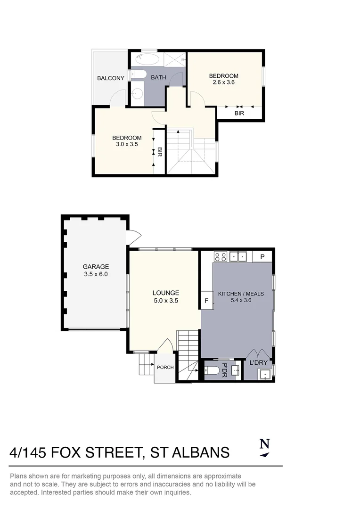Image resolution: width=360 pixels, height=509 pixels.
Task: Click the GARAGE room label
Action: [x=96, y=266]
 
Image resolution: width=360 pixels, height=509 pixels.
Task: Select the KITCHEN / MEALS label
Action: [x=240, y=294]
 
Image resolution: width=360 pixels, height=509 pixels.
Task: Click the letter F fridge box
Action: [x=206, y=300]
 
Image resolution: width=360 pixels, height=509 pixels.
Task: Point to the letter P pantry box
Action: [x=262, y=257]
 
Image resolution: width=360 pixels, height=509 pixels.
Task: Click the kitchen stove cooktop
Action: [x=221, y=257]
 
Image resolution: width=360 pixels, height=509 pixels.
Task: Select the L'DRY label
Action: [x=258, y=362]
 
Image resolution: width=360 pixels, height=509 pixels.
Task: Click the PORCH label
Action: [x=165, y=368]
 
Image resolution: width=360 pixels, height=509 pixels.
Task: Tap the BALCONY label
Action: [x=111, y=78]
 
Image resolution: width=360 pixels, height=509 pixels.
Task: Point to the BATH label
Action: [x=158, y=78]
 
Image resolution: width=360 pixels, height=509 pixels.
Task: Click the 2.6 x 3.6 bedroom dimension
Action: [x=224, y=82]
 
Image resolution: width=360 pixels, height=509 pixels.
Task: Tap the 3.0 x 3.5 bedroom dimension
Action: [x=127, y=144]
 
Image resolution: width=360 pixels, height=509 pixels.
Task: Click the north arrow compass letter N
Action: [x=265, y=443]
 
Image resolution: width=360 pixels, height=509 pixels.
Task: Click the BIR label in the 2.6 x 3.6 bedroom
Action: [x=239, y=114]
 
